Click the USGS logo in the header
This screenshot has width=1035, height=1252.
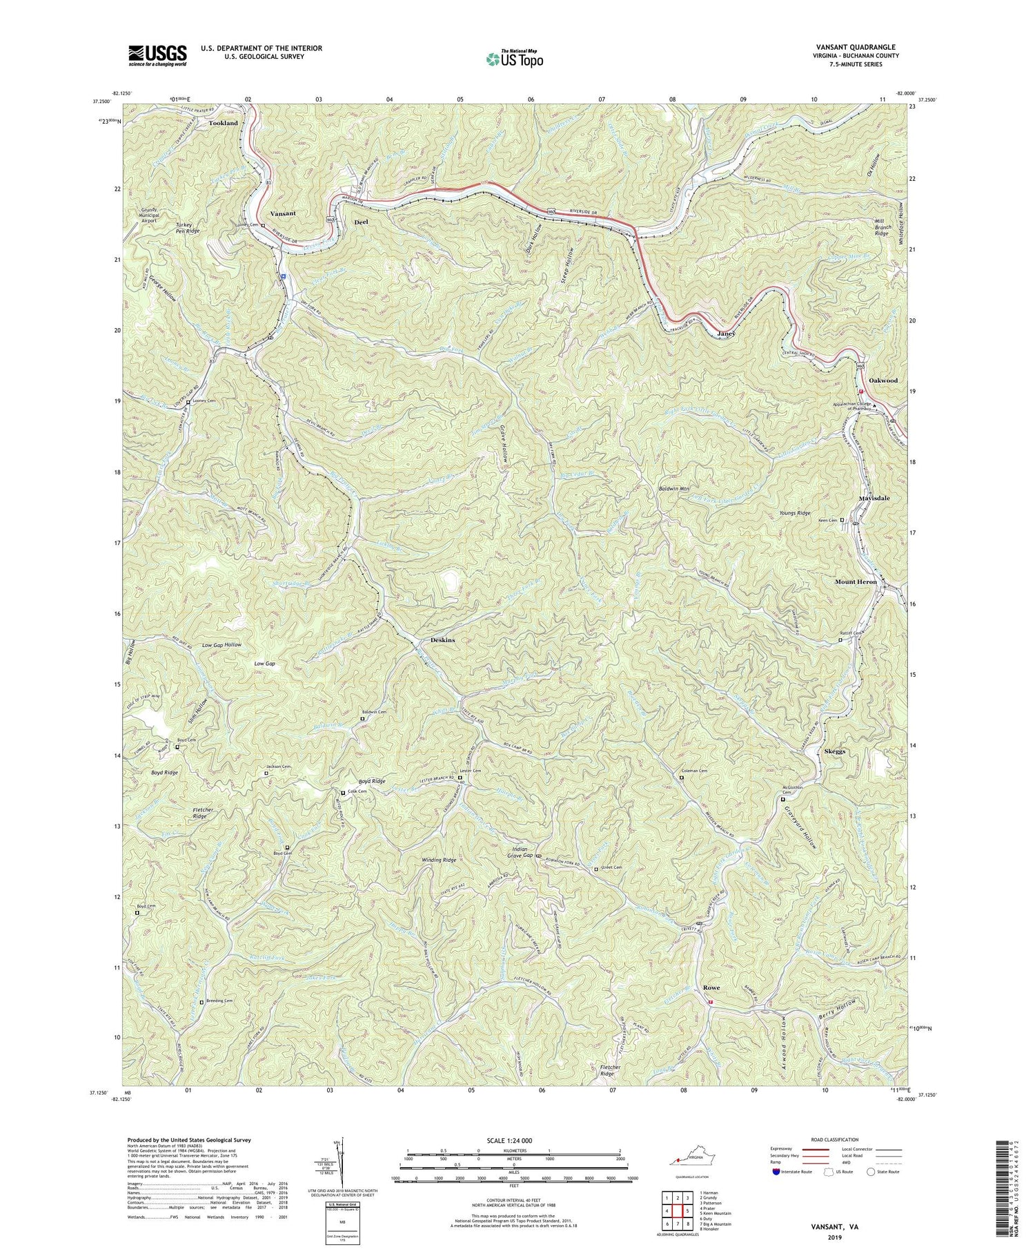pos(157,55)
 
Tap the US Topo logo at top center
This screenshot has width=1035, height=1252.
pos(514,59)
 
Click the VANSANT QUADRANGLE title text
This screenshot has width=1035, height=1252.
pos(858,47)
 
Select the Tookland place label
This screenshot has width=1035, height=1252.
pos(223,123)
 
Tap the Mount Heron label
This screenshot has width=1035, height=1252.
pos(856,582)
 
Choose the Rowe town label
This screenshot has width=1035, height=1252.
pos(711,988)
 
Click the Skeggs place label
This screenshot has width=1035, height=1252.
pos(835,751)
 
